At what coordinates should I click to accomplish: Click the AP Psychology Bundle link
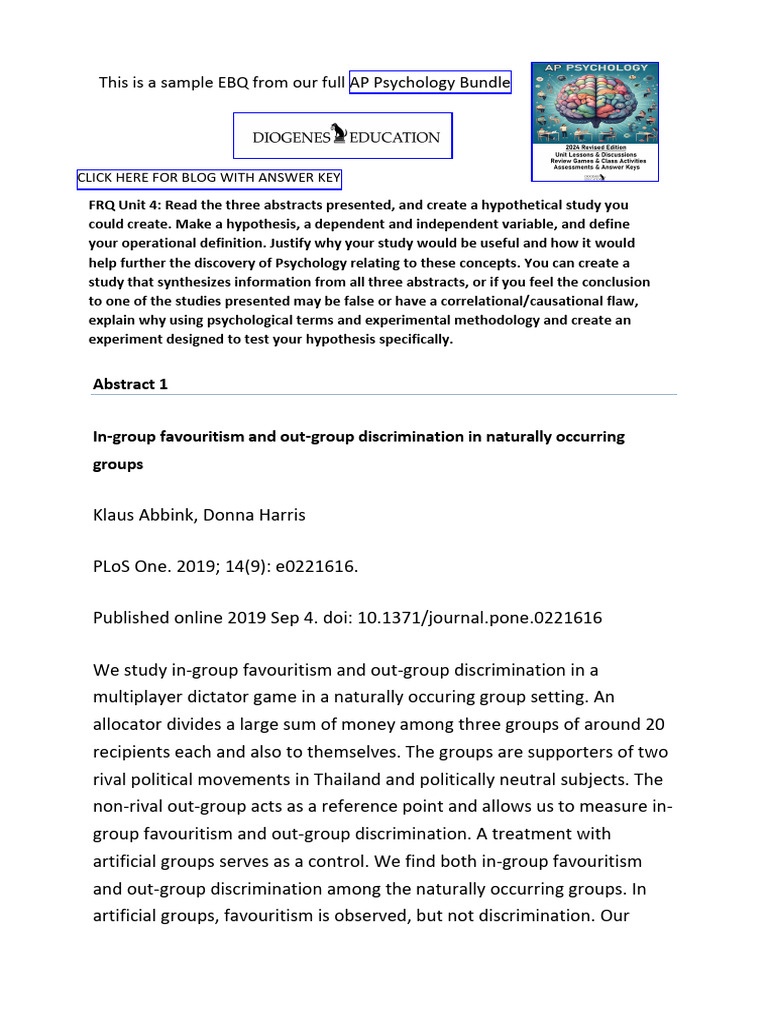coord(430,83)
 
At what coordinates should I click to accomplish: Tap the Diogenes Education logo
coord(343,136)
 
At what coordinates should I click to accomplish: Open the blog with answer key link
coord(209,179)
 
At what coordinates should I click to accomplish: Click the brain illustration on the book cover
coord(594,107)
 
